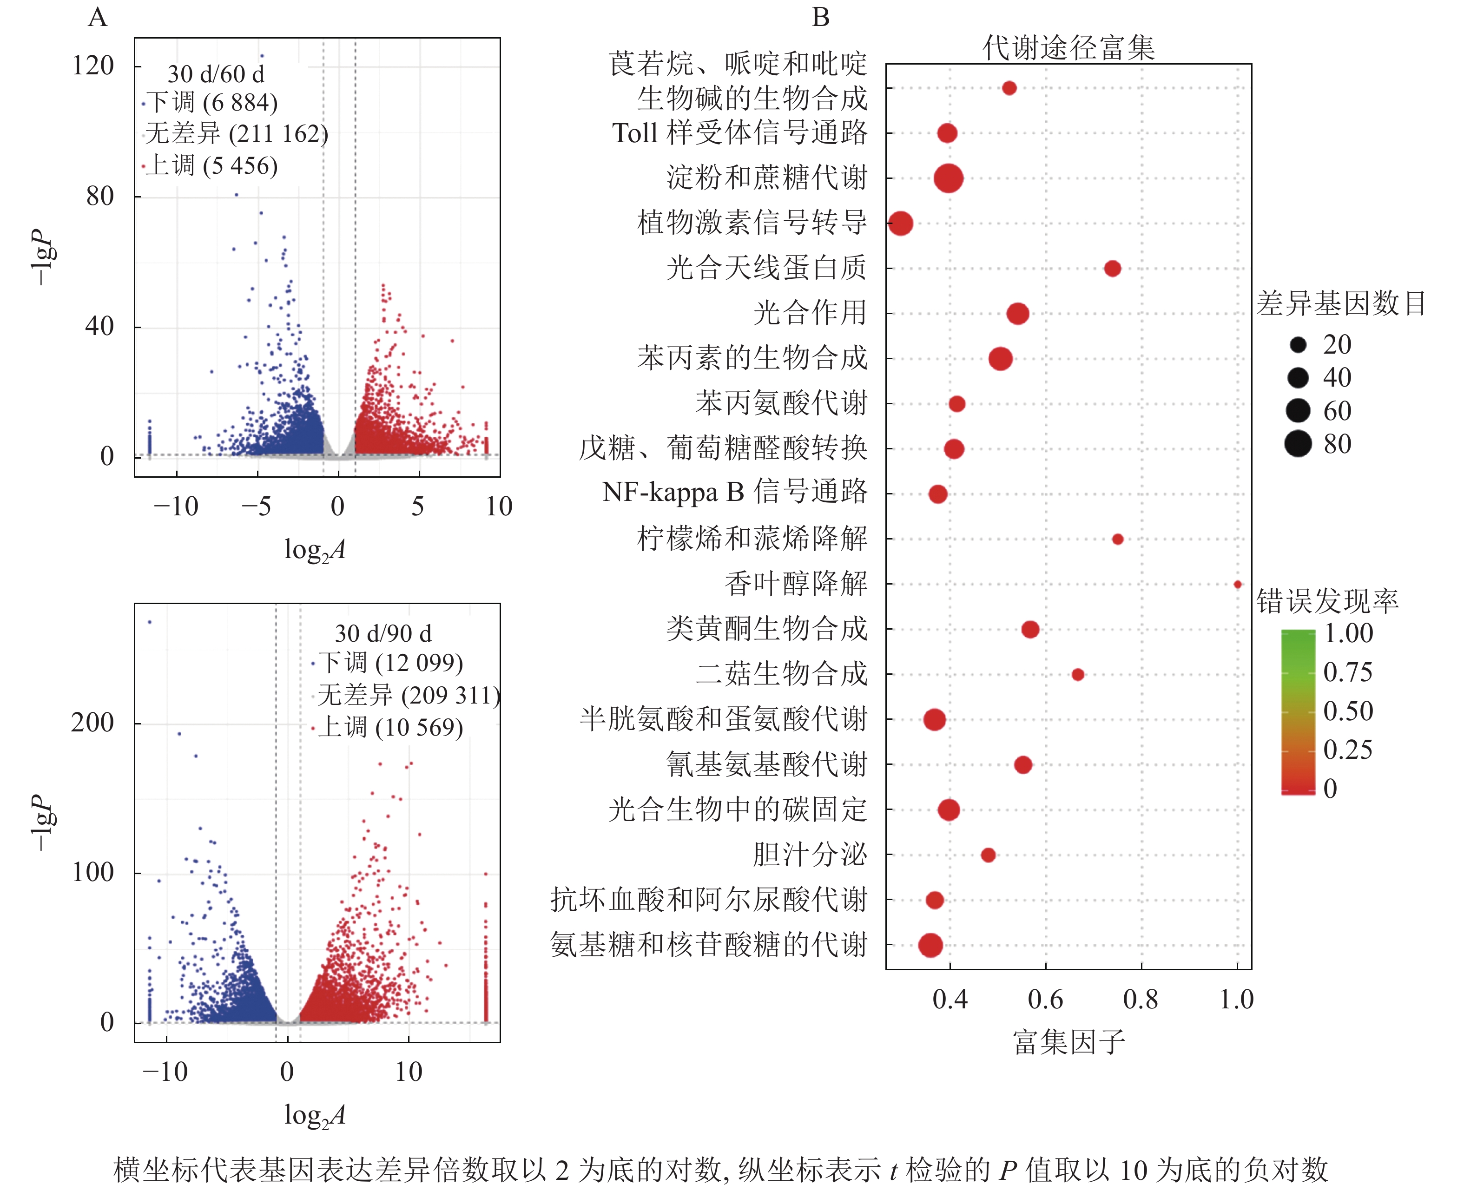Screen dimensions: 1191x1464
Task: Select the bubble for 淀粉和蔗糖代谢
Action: (948, 178)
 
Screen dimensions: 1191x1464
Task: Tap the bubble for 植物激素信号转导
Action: (900, 223)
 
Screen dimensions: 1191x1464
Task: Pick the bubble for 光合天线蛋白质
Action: (1112, 268)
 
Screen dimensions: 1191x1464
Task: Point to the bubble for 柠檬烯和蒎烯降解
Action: (1118, 539)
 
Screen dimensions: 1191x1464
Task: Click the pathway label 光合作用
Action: (810, 313)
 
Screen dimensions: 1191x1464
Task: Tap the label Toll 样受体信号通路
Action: (739, 132)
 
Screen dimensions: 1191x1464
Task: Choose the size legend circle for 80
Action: (1298, 444)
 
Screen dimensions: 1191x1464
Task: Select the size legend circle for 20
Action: (1298, 344)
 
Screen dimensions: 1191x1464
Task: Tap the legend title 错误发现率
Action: (1327, 601)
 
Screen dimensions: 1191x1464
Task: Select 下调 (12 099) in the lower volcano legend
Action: (390, 663)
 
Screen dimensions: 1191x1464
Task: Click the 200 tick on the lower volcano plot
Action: (92, 723)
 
